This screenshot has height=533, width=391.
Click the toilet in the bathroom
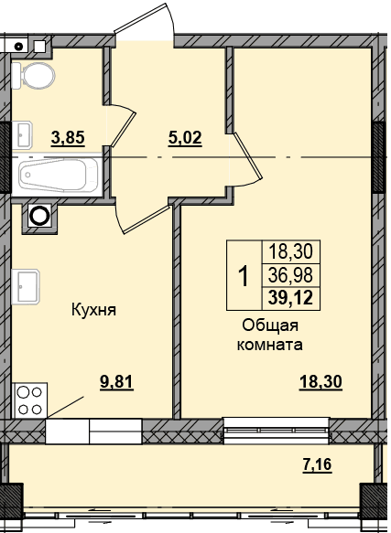33,76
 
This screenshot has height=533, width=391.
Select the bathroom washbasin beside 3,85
22,135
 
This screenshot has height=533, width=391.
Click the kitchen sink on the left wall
26,287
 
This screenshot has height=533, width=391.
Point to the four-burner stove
29,400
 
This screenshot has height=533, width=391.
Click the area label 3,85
68,138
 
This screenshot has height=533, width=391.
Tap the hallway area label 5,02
185,139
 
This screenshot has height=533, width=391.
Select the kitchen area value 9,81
116,383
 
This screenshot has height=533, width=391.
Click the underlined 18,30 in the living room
320,383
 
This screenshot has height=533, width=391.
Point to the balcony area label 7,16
317,464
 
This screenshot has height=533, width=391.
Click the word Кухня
94,310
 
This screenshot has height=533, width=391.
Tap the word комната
270,346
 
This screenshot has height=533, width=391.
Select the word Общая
270,326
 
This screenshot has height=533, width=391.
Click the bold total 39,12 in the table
290,299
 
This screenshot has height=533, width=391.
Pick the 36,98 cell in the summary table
290,275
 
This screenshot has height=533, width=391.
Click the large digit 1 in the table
244,276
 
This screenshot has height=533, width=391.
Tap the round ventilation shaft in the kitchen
39,216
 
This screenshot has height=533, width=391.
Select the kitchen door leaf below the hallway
147,219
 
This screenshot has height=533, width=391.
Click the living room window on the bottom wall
277,431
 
